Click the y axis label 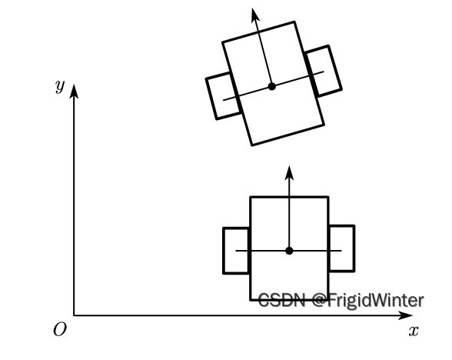click(x=60, y=86)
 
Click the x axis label click(x=414, y=331)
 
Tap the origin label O click(x=60, y=329)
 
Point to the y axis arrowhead click(x=74, y=91)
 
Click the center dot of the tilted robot click(x=271, y=86)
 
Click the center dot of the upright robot click(x=289, y=251)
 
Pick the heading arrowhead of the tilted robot click(x=255, y=15)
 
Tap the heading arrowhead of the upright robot click(x=289, y=172)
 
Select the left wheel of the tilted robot click(x=223, y=95)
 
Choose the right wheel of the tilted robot click(x=324, y=71)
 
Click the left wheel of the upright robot click(x=236, y=251)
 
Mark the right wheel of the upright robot click(x=342, y=248)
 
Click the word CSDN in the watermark click(x=281, y=300)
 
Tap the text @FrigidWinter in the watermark click(x=368, y=300)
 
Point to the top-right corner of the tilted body click(x=294, y=22)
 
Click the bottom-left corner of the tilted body click(x=252, y=145)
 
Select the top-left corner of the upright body click(x=251, y=197)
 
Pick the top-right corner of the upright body click(x=328, y=197)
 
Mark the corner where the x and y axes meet click(x=74, y=315)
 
